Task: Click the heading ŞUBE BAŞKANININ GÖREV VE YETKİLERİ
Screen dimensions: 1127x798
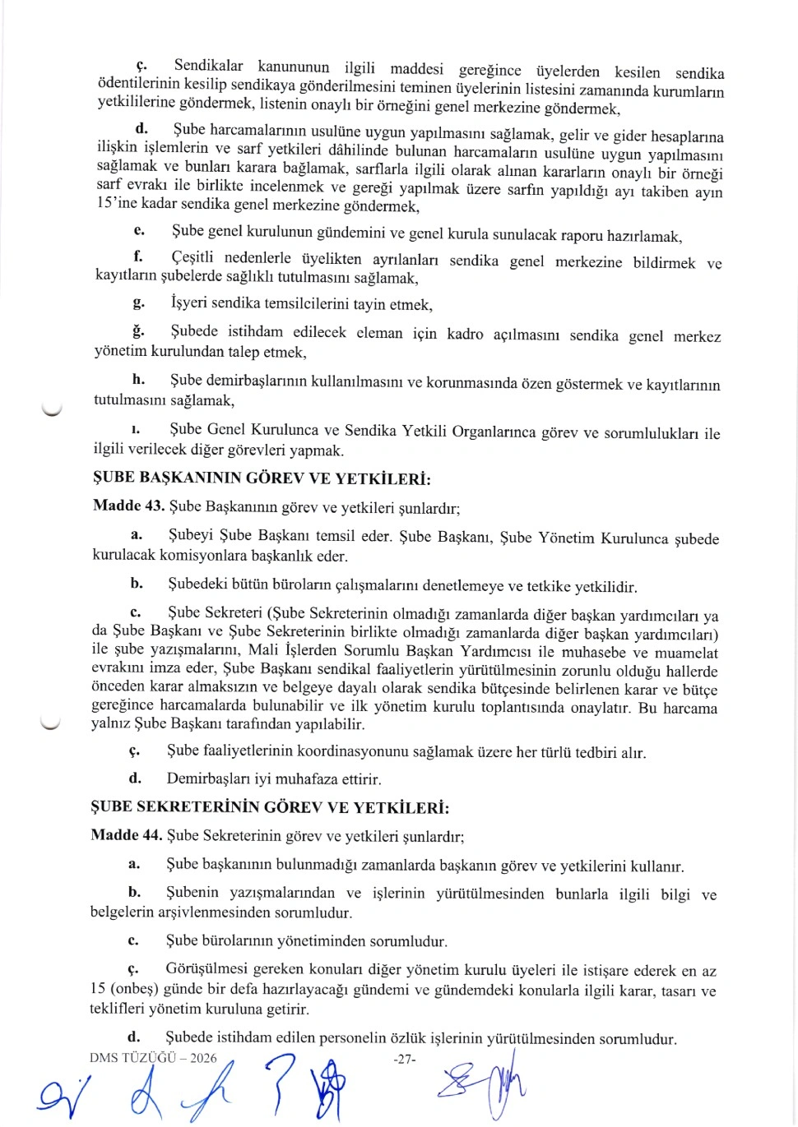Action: [x=262, y=478]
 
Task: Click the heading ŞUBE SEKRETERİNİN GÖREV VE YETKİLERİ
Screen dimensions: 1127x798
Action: [x=270, y=807]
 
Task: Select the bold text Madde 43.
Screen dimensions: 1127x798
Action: [x=128, y=506]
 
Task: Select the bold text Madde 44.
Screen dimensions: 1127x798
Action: [x=126, y=835]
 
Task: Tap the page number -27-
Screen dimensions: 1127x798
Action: [x=405, y=1060]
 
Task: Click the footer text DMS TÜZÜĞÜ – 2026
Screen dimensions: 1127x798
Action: [x=153, y=1058]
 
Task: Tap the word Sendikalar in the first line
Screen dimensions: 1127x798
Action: [x=208, y=66]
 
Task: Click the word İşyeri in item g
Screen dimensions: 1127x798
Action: [x=188, y=303]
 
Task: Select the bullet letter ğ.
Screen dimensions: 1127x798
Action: [x=138, y=331]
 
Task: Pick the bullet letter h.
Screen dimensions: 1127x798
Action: [x=138, y=379]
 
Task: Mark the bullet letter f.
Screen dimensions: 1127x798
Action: [x=138, y=256]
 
